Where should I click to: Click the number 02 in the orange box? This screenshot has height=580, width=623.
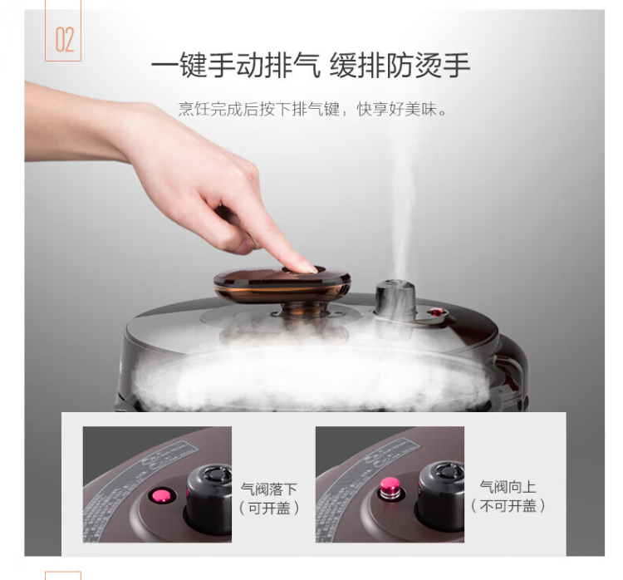click(65, 40)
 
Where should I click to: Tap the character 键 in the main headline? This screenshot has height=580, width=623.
click(193, 65)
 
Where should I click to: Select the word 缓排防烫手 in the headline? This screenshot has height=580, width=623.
click(400, 65)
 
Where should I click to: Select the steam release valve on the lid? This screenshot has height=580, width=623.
click(395, 299)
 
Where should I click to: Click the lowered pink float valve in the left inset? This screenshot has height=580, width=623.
click(162, 496)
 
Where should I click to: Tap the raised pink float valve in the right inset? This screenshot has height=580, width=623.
click(390, 488)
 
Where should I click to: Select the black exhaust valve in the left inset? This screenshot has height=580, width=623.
click(209, 499)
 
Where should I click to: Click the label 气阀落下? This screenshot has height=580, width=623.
click(268, 489)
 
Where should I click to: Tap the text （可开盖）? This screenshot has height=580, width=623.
click(269, 508)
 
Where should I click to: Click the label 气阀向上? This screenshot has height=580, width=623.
click(508, 487)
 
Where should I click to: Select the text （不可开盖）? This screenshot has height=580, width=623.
click(508, 506)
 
